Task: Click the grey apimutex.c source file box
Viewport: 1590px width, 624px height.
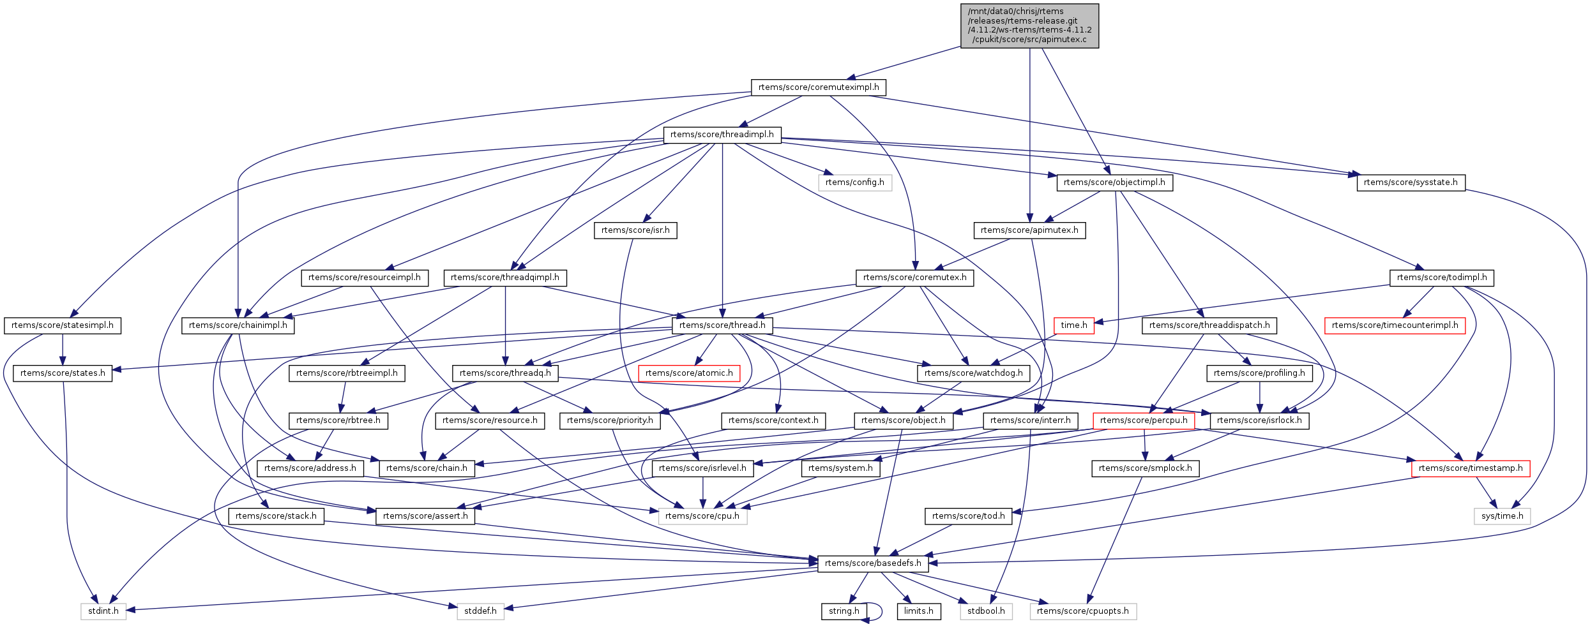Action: pyautogui.click(x=1029, y=26)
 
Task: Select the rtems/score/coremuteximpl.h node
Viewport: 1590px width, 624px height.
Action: pyautogui.click(x=819, y=87)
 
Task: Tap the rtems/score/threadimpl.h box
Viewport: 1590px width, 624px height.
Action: pyautogui.click(x=722, y=135)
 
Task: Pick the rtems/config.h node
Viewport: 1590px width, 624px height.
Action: pyautogui.click(x=854, y=182)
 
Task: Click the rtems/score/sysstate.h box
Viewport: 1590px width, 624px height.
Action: pyautogui.click(x=1411, y=182)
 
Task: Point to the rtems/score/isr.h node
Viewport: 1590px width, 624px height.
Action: pyautogui.click(x=635, y=230)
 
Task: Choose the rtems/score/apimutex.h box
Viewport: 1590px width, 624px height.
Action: pyautogui.click(x=1029, y=230)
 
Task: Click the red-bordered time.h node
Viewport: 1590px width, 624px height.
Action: pyautogui.click(x=1073, y=325)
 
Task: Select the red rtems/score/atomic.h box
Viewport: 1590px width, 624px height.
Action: pyautogui.click(x=689, y=373)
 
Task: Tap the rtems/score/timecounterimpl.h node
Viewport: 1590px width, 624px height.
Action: pyautogui.click(x=1395, y=325)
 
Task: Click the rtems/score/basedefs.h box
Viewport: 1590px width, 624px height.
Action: pyautogui.click(x=873, y=563)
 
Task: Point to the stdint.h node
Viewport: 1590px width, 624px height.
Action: pyautogui.click(x=103, y=611)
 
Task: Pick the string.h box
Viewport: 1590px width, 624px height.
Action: pyautogui.click(x=844, y=611)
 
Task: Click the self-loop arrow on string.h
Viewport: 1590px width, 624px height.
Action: pyautogui.click(x=880, y=611)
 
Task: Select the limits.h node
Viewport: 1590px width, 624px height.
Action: pyautogui.click(x=918, y=611)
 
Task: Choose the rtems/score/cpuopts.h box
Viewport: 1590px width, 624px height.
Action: pyautogui.click(x=1082, y=611)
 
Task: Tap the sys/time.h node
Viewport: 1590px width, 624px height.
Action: pyautogui.click(x=1502, y=516)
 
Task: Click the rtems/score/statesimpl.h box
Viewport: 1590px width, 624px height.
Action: pyautogui.click(x=62, y=325)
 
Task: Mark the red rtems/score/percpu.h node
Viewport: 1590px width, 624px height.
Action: pyautogui.click(x=1144, y=420)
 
